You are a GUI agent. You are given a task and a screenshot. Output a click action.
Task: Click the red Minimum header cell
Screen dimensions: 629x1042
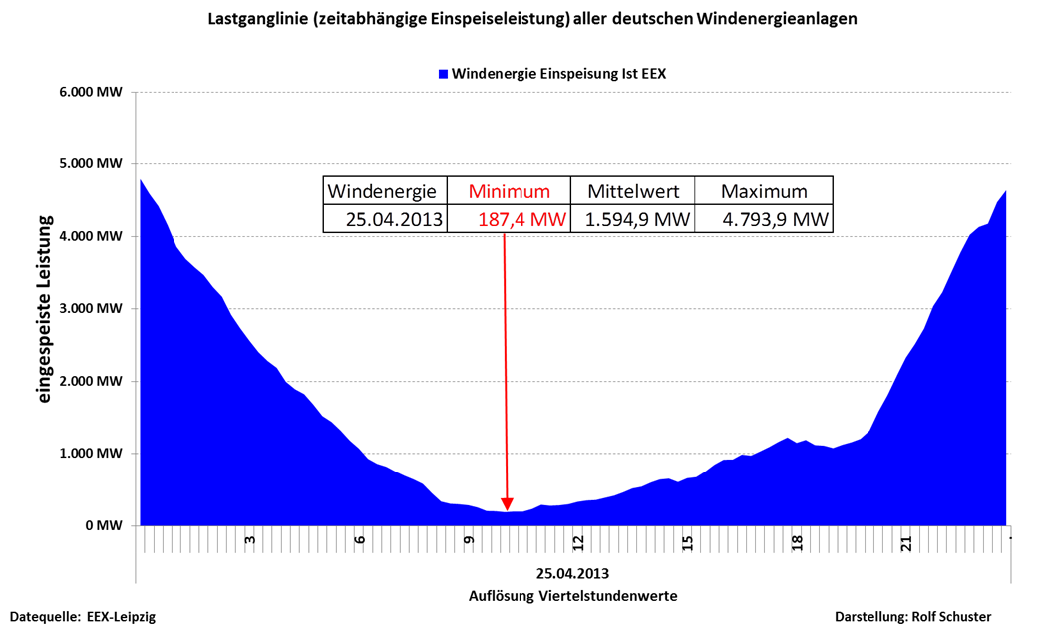click(x=510, y=192)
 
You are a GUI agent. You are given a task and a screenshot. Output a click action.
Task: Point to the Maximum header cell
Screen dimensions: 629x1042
click(x=764, y=192)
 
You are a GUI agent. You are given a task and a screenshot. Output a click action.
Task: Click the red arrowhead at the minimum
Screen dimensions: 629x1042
click(x=507, y=503)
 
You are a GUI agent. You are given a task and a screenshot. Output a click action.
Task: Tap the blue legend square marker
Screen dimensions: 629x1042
click(x=443, y=74)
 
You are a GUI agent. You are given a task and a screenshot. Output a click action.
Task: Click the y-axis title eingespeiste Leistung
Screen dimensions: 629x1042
click(x=44, y=311)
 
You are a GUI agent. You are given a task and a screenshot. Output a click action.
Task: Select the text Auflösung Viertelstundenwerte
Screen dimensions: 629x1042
click(x=573, y=596)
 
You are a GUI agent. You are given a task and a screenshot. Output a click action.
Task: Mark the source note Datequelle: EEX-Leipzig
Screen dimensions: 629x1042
click(x=83, y=617)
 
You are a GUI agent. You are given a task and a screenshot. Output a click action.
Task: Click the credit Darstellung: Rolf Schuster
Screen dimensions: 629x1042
click(x=912, y=617)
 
